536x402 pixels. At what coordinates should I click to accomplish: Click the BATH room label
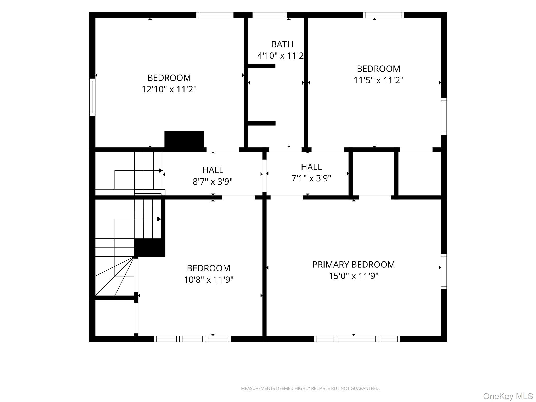282,44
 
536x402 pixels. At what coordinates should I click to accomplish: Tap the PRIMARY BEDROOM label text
353,265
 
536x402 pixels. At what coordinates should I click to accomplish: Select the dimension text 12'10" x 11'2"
169,89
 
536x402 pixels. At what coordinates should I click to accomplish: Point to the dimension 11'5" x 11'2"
378,80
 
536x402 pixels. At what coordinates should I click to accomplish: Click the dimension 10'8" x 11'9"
209,280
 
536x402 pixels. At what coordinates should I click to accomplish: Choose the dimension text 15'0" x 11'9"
354,276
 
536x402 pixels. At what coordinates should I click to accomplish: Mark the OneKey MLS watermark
508,396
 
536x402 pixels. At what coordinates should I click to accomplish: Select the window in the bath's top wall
270,15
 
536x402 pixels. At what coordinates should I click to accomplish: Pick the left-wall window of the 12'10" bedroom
92,97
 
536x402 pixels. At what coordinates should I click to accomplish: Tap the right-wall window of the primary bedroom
444,271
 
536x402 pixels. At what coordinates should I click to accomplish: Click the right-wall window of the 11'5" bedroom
444,116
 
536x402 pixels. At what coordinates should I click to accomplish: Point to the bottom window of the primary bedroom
357,339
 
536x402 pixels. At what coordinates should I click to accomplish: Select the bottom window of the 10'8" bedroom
192,339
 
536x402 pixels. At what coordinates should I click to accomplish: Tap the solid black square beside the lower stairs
150,248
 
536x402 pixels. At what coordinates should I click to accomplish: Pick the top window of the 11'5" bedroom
383,15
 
